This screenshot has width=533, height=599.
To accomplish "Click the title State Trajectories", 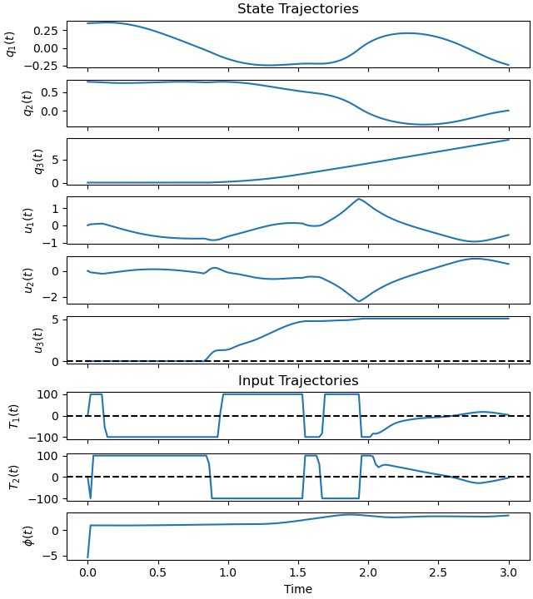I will pyautogui.click(x=297, y=9).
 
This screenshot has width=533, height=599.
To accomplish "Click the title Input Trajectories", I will pyautogui.click(x=297, y=381).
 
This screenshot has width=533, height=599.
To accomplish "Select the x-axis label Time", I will pyautogui.click(x=297, y=589).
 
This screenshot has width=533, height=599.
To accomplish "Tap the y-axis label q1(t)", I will pyautogui.click(x=11, y=43).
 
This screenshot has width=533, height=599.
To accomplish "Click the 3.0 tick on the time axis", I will pyautogui.click(x=508, y=573).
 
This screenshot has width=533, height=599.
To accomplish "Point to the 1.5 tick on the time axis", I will pyautogui.click(x=298, y=573).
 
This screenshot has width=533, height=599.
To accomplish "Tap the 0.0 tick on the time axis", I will pyautogui.click(x=87, y=573).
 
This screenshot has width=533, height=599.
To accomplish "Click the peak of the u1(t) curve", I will pyautogui.click(x=359, y=199).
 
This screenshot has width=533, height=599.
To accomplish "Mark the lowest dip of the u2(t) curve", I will pyautogui.click(x=359, y=301).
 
